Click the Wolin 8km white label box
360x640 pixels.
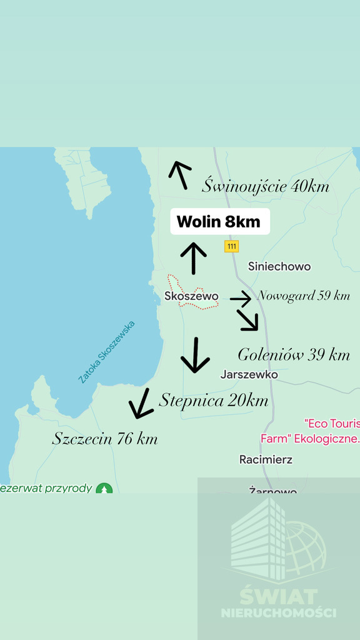(x=220, y=222)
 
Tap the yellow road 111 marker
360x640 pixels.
(x=232, y=246)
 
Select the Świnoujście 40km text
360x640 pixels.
(x=266, y=186)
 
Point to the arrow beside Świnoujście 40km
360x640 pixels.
(x=180, y=174)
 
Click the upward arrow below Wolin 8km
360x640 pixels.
(x=194, y=258)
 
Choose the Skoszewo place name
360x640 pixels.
(x=191, y=296)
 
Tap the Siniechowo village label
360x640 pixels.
(x=279, y=266)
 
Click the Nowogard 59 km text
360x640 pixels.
(x=304, y=296)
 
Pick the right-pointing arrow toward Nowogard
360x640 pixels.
(x=241, y=299)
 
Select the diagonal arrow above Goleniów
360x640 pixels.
(x=248, y=319)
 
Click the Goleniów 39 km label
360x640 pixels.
(x=294, y=355)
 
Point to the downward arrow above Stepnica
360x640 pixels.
(x=195, y=355)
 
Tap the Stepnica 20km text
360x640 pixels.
(x=214, y=400)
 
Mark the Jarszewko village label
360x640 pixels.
(x=249, y=374)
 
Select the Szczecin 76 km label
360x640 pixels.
(x=105, y=439)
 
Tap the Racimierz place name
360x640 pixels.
(x=266, y=459)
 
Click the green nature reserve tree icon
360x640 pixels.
(x=104, y=489)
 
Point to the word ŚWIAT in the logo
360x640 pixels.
(x=278, y=596)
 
